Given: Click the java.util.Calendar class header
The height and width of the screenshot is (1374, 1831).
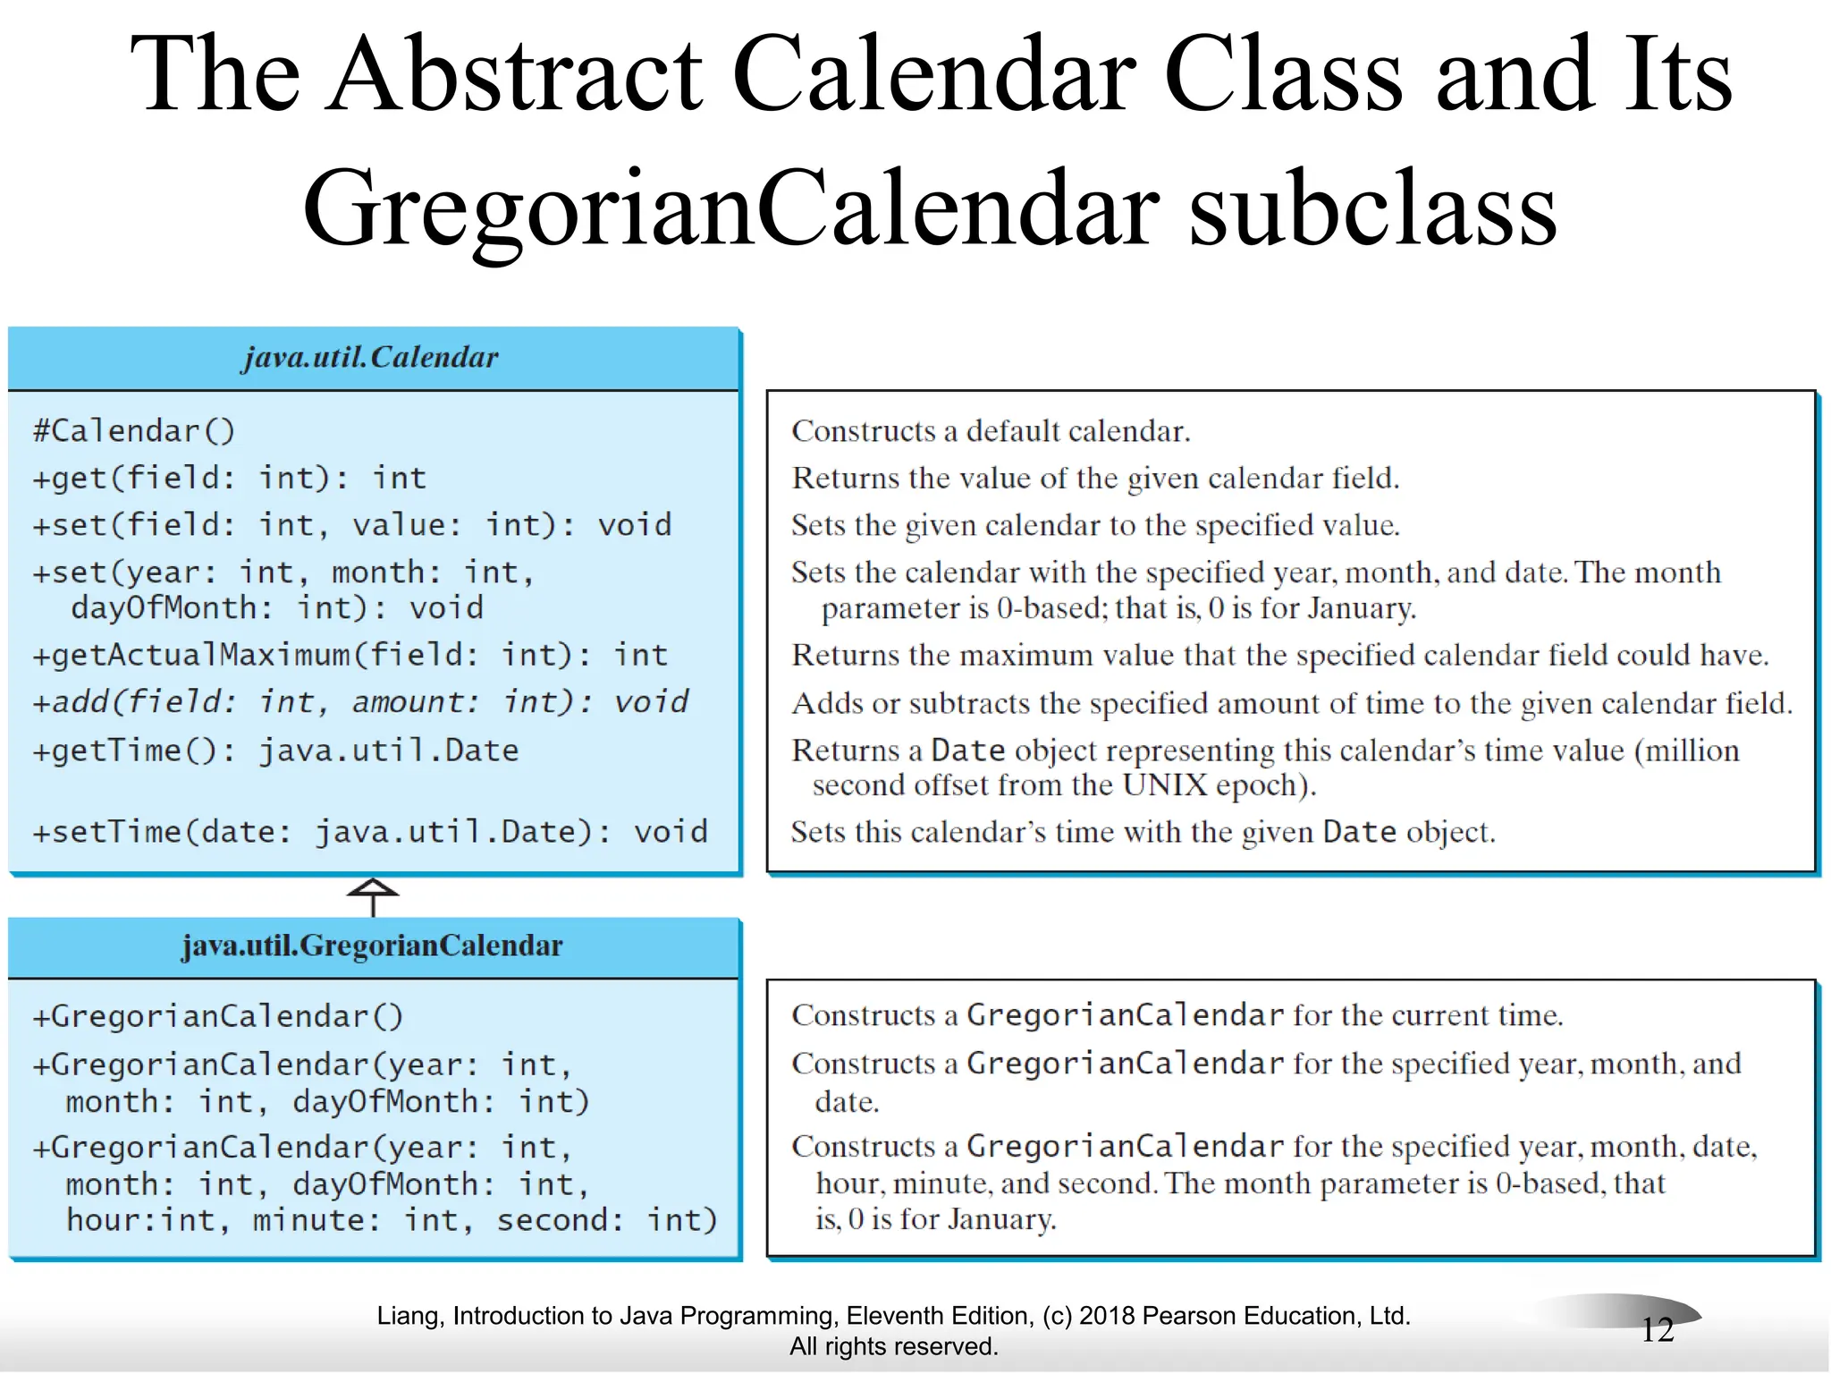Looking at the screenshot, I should pyautogui.click(x=370, y=358).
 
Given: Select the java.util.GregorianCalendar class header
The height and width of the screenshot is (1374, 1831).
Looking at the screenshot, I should pyautogui.click(x=372, y=946).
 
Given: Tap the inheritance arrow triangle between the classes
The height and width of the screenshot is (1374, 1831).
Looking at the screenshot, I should pyautogui.click(x=373, y=888).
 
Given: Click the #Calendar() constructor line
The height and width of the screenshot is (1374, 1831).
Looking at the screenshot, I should pyautogui.click(x=134, y=431).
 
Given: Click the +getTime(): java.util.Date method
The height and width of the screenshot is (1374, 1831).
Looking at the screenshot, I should pyautogui.click(x=275, y=750).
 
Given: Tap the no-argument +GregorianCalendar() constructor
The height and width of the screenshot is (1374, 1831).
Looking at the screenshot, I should pyautogui.click(x=218, y=1016).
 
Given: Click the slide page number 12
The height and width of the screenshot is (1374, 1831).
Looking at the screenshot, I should pyautogui.click(x=1657, y=1329).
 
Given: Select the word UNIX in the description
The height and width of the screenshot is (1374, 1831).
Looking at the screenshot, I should pyautogui.click(x=1164, y=785).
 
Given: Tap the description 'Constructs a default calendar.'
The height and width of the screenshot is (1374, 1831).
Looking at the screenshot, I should pyautogui.click(x=991, y=431).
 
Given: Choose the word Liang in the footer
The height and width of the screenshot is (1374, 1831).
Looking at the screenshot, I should pyautogui.click(x=407, y=1316).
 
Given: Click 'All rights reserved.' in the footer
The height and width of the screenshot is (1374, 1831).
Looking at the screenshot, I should pyautogui.click(x=893, y=1346).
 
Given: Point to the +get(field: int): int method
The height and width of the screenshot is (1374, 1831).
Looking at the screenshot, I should pyautogui.click(x=230, y=479).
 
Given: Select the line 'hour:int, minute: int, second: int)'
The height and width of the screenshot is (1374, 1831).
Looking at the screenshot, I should pyautogui.click(x=392, y=1220).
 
